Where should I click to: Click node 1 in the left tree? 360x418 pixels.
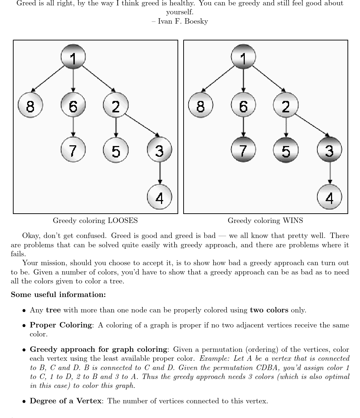(x=73, y=57)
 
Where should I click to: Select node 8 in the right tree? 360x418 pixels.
(x=200, y=105)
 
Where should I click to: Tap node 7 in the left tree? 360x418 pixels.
(x=73, y=149)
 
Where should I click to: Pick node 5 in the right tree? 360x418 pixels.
(x=286, y=150)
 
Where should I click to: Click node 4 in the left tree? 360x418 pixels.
(x=159, y=197)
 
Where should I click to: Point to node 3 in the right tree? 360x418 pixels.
(x=329, y=150)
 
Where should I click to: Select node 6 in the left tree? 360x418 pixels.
(x=73, y=105)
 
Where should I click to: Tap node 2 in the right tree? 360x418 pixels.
(x=286, y=105)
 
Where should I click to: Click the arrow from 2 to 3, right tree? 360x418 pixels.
(x=311, y=125)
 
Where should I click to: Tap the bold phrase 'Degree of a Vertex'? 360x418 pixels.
(x=65, y=401)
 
